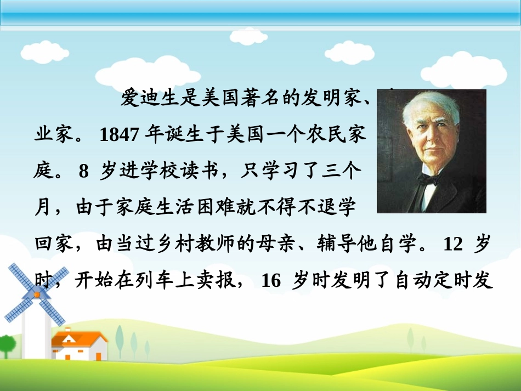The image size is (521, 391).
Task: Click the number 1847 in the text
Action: click(119, 135)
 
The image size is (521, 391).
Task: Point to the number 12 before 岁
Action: click(453, 244)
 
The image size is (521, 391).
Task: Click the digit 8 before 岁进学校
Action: click(83, 172)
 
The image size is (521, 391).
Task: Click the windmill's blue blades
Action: click(36, 294)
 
